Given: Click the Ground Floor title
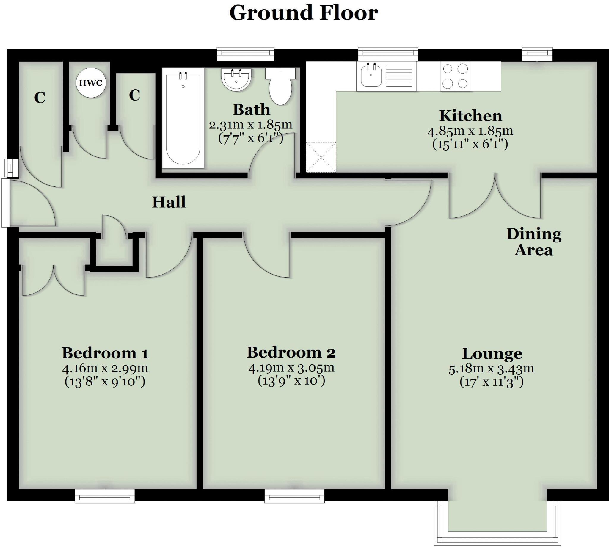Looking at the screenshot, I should click(x=303, y=13).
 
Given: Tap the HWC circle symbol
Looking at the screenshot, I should click(x=91, y=83).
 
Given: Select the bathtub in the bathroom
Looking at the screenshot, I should click(x=183, y=118).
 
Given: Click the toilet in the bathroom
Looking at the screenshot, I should click(x=280, y=87).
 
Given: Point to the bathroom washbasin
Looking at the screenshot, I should click(x=236, y=79).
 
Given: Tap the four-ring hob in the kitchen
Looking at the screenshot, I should click(x=455, y=76).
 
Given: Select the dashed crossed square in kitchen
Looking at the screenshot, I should click(x=321, y=157).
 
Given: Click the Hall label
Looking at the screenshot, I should click(x=169, y=202).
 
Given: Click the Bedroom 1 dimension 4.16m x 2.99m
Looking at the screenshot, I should click(x=105, y=368).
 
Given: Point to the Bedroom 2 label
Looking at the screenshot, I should click(x=291, y=352).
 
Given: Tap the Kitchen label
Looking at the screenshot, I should click(x=470, y=116).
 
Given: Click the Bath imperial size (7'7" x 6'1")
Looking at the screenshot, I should click(x=251, y=138).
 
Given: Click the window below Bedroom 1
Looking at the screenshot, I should click(x=105, y=496).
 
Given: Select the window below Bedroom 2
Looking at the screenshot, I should click(x=294, y=496).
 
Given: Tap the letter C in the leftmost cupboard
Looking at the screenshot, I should click(x=40, y=98).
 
